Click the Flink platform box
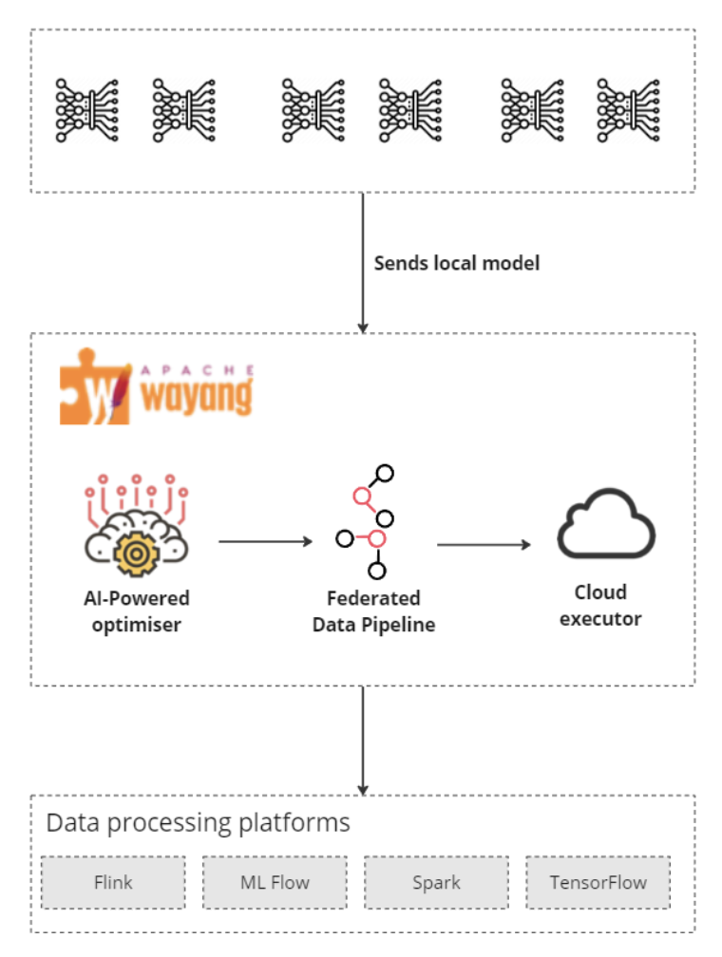pos(113,883)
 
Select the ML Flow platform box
pos(275,883)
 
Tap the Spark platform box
pos(436,883)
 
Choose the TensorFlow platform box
pos(598,883)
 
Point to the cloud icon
pos(606,528)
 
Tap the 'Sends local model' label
pos(456,263)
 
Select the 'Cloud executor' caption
pos(600,606)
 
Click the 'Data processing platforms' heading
pos(198,822)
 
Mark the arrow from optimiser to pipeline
pos(265,541)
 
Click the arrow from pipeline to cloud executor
pos(484,544)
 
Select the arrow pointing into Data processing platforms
pos(362,741)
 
